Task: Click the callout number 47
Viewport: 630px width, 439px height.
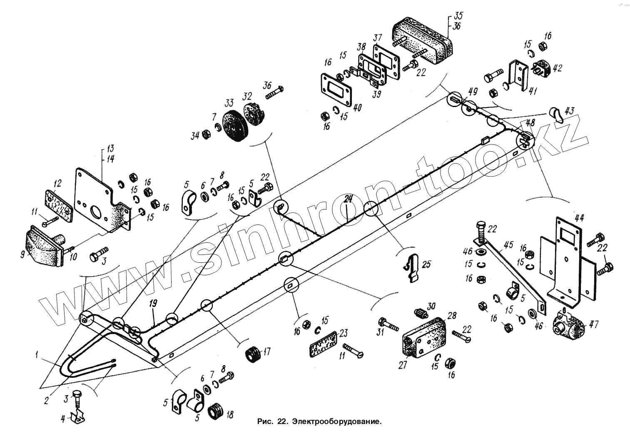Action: click(x=593, y=324)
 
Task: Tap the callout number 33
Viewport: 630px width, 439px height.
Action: click(x=229, y=104)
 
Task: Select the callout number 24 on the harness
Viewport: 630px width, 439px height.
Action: click(x=348, y=199)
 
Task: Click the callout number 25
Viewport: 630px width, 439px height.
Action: click(x=426, y=264)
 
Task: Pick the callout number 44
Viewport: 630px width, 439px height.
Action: click(x=579, y=217)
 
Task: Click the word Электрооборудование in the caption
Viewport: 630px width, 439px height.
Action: click(x=336, y=421)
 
